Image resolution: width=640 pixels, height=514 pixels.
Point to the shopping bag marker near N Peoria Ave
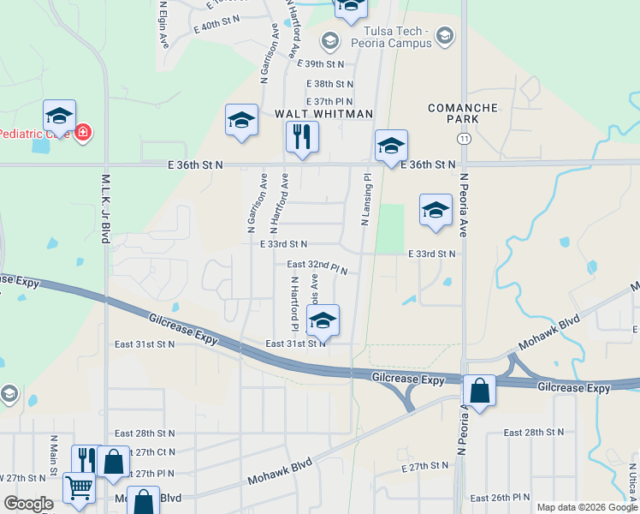pyautogui.click(x=480, y=391)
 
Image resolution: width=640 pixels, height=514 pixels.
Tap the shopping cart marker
pyautogui.click(x=79, y=489)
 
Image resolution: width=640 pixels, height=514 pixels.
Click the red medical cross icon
pyautogui.click(x=83, y=133)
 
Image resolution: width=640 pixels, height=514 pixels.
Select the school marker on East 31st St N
pyautogui.click(x=323, y=321)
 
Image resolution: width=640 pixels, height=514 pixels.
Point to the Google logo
pyautogui.click(x=28, y=504)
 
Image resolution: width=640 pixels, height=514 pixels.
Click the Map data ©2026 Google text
pyautogui.click(x=585, y=506)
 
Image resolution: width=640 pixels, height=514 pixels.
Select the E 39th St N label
pyautogui.click(x=320, y=64)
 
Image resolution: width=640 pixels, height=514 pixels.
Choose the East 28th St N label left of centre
pyautogui.click(x=145, y=434)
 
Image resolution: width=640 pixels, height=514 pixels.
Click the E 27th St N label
pyautogui.click(x=424, y=467)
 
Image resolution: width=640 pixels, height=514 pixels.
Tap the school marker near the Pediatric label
pyautogui.click(x=59, y=116)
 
